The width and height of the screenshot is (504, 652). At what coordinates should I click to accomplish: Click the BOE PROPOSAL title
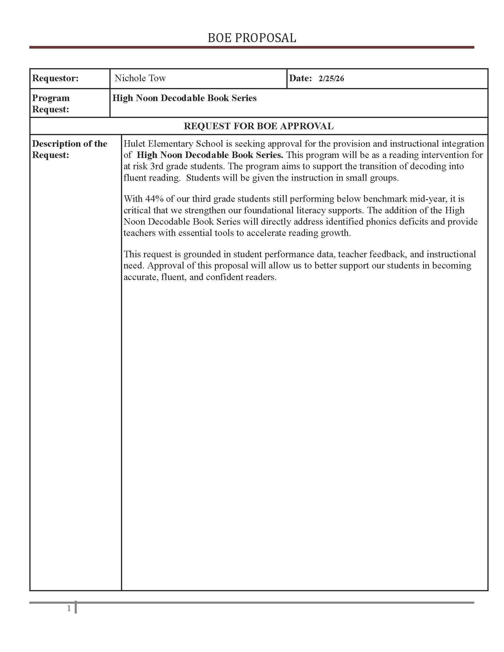[252, 38]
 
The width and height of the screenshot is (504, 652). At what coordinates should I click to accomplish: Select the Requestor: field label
[55, 78]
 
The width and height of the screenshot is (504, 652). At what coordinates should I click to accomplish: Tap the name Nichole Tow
[140, 78]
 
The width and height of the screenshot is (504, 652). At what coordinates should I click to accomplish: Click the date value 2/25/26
[331, 79]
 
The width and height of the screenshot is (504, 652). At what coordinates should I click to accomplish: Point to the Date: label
[300, 78]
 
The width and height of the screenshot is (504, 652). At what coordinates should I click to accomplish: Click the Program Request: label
[51, 104]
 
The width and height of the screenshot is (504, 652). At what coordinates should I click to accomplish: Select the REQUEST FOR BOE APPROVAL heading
[259, 126]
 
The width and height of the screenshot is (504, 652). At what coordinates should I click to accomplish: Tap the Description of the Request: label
[69, 149]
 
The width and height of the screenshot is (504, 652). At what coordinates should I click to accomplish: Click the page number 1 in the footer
[69, 608]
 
